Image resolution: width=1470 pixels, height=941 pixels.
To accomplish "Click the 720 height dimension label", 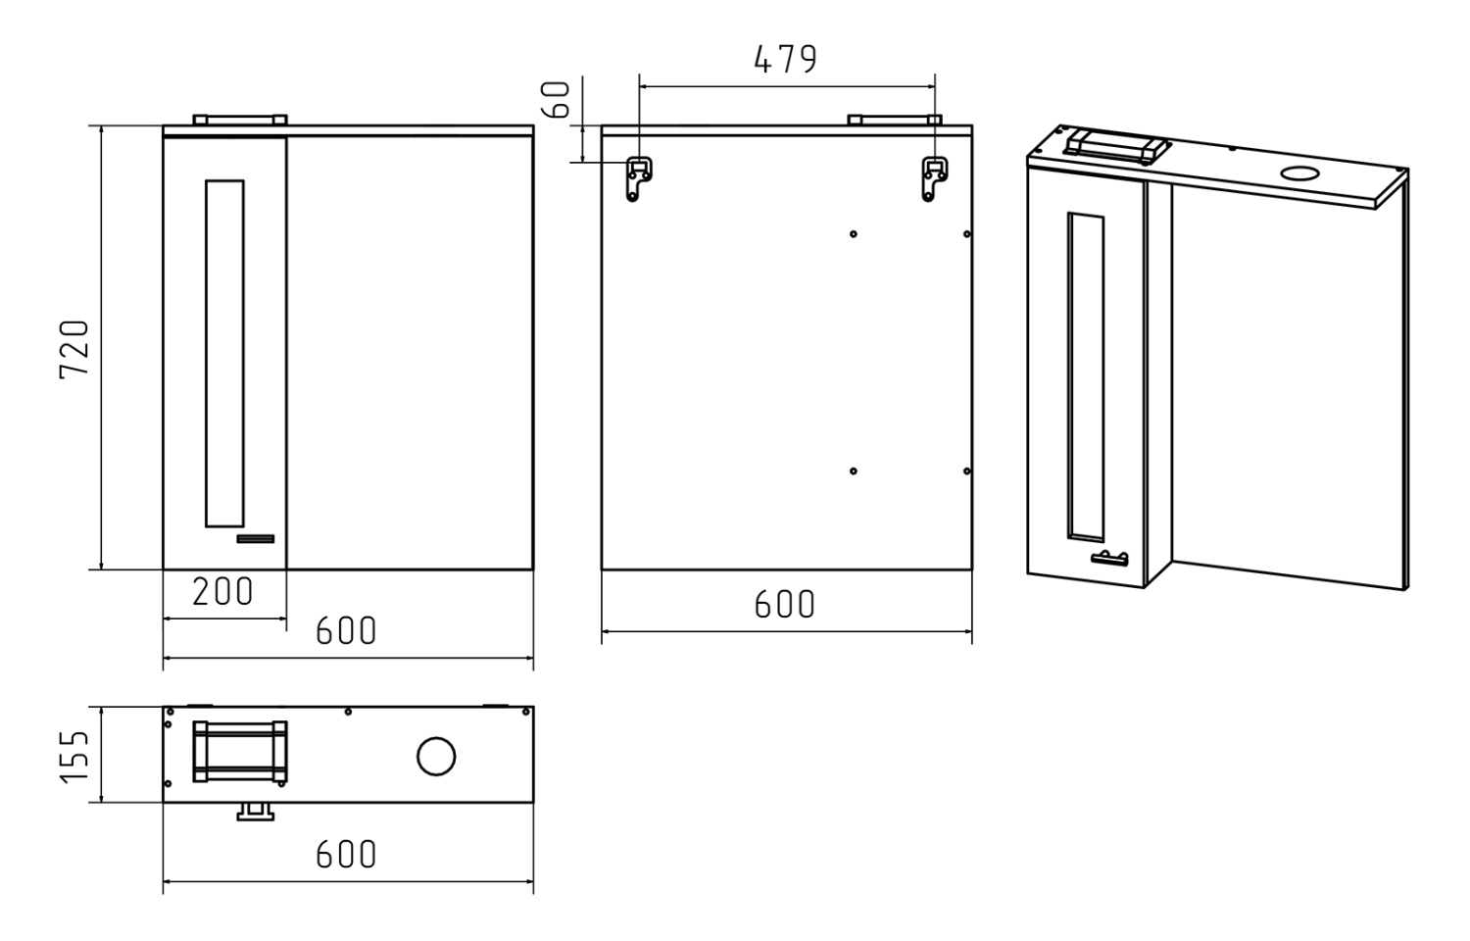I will click(74, 348).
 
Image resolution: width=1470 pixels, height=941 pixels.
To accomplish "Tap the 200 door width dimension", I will click(222, 592).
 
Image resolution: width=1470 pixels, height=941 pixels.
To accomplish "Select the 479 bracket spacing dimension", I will click(785, 60).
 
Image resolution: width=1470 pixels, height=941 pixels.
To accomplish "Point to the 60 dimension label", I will click(558, 99).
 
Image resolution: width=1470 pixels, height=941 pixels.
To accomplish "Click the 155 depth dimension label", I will click(74, 756).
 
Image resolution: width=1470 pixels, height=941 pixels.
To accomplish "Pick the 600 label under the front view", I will click(346, 631).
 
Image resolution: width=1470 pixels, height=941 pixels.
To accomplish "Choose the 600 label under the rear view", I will click(785, 605).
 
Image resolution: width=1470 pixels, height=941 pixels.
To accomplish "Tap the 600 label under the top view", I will click(346, 855).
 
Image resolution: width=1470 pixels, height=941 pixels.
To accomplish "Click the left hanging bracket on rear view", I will click(640, 178).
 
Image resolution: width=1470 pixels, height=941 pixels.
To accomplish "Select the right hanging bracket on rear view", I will click(934, 178).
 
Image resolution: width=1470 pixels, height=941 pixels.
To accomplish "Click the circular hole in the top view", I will click(436, 757).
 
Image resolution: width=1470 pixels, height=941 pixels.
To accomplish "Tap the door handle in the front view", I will click(256, 538).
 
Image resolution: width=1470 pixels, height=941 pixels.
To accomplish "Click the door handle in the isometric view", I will click(1109, 559).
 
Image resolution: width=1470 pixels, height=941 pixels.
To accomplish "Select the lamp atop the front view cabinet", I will click(239, 120).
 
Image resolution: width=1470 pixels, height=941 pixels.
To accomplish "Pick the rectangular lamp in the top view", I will click(239, 752).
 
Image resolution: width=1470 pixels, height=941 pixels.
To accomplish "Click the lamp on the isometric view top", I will click(1117, 145).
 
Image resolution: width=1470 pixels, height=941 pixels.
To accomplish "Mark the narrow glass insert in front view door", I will click(224, 353).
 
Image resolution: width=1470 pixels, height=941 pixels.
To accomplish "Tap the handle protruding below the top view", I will click(256, 811).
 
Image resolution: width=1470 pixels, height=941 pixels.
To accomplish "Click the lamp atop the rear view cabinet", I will click(894, 120).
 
